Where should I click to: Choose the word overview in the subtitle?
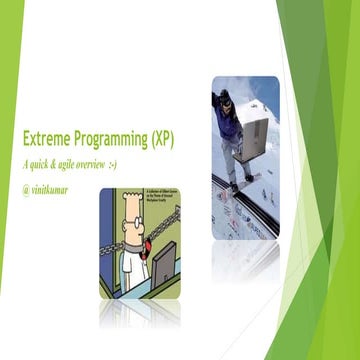[112, 162]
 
